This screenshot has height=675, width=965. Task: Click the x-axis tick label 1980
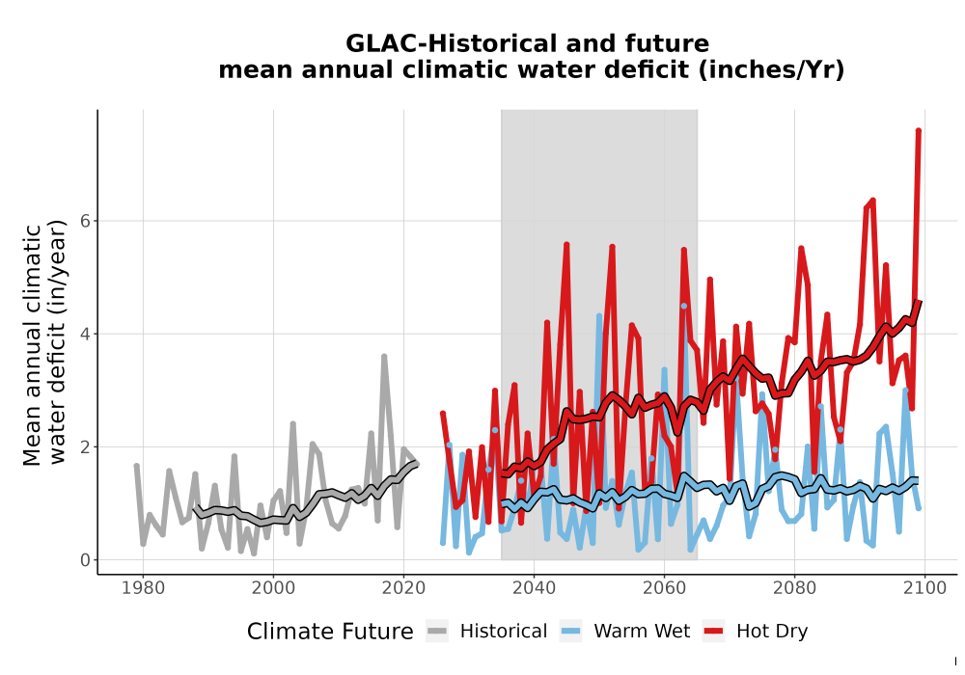[144, 588]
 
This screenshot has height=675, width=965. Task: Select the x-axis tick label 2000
[273, 588]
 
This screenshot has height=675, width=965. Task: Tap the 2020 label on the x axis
[403, 588]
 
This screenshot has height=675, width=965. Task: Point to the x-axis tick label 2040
[535, 588]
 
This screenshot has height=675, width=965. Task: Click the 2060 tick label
[664, 588]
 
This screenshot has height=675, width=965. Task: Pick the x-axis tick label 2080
[794, 588]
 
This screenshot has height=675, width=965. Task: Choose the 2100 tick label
[924, 588]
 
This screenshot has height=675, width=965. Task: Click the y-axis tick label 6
[86, 221]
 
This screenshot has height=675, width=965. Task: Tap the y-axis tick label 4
[86, 334]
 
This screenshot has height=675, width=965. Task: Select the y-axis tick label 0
[86, 560]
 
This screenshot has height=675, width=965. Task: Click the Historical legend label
[504, 632]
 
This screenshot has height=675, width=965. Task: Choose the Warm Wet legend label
[642, 632]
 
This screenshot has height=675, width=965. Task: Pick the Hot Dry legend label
[772, 632]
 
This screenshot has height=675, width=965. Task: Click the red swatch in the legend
[713, 632]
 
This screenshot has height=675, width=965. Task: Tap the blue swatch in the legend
[570, 632]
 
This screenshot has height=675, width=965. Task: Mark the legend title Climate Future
[330, 632]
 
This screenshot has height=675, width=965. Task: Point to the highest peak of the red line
[919, 130]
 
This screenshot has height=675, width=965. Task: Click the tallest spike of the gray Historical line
[384, 356]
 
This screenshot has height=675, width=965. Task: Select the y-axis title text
[45, 344]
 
